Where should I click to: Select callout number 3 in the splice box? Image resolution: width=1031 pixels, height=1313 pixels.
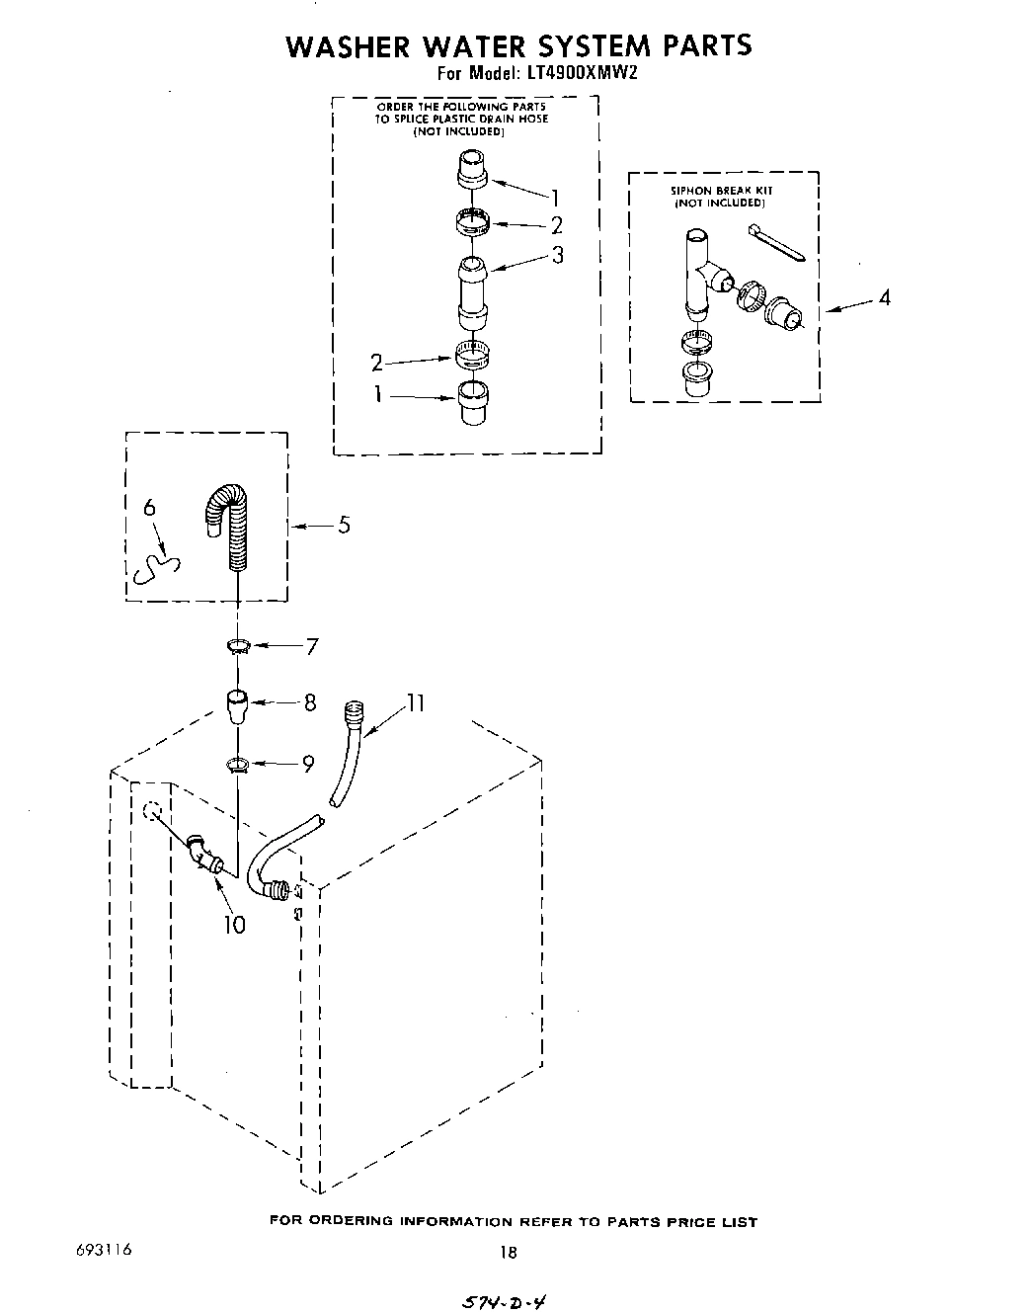tap(558, 255)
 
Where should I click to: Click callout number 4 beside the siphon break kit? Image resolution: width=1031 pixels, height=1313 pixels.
tap(885, 296)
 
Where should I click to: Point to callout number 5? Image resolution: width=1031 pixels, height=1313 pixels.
tap(344, 525)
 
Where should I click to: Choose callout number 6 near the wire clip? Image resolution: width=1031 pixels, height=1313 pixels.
tap(149, 508)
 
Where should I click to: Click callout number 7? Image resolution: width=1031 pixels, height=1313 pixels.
tap(312, 647)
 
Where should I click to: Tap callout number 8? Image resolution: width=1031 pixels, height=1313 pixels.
tap(310, 702)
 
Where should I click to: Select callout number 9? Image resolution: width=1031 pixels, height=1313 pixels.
tap(308, 763)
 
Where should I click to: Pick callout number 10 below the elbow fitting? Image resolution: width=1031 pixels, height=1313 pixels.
tap(234, 925)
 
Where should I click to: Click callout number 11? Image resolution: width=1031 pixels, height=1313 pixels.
tap(415, 702)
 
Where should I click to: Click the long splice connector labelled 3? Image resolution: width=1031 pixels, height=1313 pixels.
tap(472, 291)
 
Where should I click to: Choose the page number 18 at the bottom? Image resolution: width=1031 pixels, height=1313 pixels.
tap(509, 1253)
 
